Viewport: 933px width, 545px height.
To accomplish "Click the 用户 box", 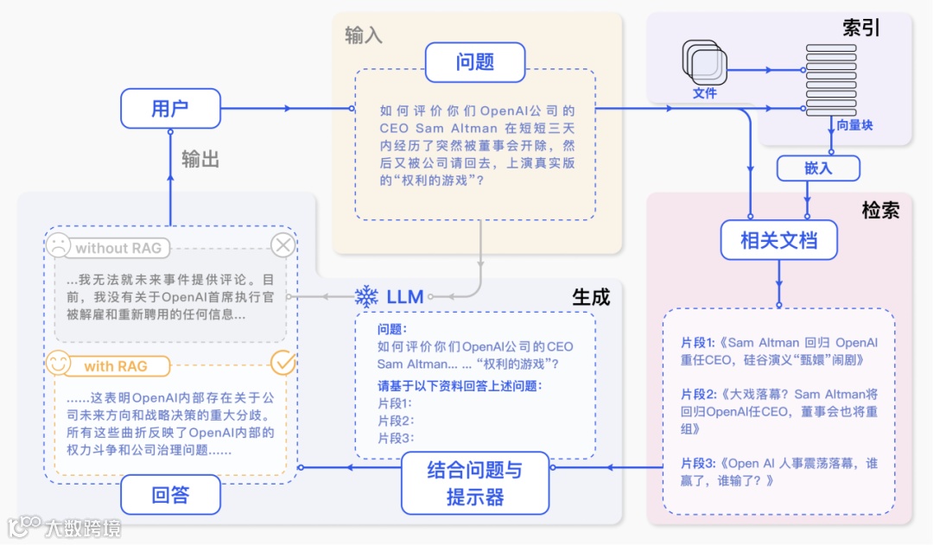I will point(170,108).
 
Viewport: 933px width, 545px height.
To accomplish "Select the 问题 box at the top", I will point(474,62).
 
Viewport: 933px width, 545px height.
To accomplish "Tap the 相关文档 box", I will point(778,239).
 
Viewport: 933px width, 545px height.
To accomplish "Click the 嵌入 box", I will point(817,168).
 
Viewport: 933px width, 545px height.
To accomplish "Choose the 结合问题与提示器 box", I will point(474,483).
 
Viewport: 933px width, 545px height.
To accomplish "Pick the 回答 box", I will point(170,495).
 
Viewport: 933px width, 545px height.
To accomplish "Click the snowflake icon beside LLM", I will point(366,297).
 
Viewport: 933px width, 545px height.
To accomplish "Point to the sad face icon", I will point(58,246).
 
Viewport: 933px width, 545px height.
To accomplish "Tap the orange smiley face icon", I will point(58,364).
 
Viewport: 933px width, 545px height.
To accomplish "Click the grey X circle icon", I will point(282,246).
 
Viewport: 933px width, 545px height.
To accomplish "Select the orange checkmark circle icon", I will point(282,364).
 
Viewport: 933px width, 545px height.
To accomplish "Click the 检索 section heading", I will point(879,210).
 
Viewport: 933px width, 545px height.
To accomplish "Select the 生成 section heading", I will point(591,297).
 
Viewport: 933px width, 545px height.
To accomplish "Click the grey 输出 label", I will point(200,159).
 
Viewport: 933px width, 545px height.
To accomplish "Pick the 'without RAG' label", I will point(118,248).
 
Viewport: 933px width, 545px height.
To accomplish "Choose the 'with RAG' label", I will point(115,366).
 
